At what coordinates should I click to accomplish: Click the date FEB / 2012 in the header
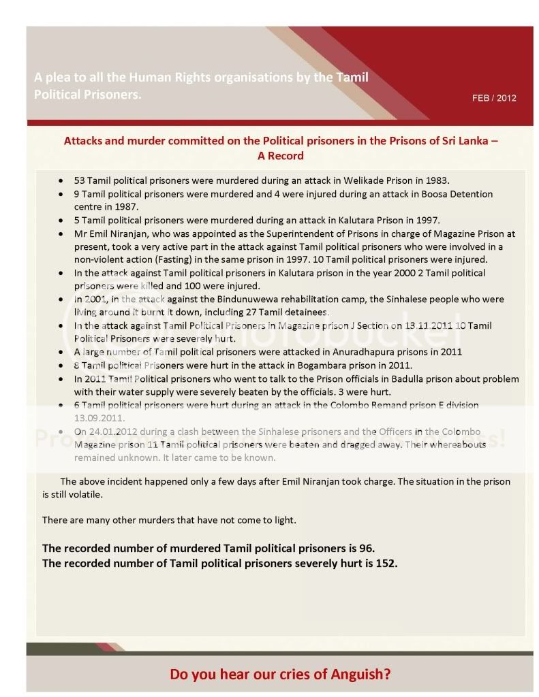tap(494, 98)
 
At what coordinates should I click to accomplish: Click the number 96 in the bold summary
tap(365, 548)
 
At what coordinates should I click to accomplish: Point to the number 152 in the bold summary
tap(386, 564)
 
